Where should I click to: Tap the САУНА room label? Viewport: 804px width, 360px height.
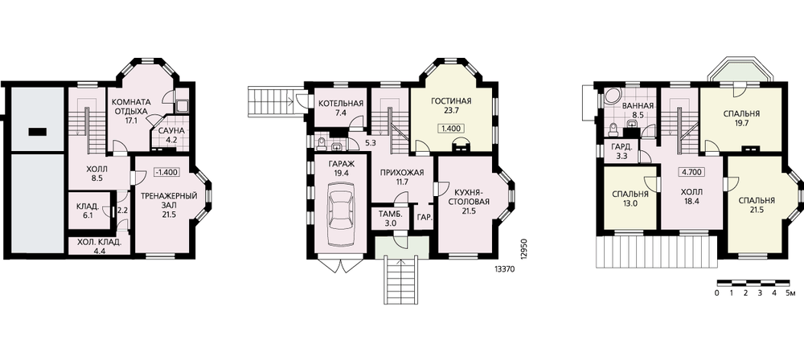tap(170, 130)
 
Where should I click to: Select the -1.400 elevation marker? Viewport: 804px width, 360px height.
tap(166, 172)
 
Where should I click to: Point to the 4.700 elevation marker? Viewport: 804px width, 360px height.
tap(691, 172)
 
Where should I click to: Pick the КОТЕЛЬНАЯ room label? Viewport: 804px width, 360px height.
tap(341, 104)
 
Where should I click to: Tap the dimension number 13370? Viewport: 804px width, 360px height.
tap(505, 268)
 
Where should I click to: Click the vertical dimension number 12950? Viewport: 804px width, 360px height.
tap(523, 249)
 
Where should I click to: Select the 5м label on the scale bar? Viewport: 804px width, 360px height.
tap(790, 293)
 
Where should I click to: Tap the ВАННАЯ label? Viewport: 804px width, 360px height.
tap(638, 105)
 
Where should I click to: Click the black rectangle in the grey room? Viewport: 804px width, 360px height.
tap(37, 132)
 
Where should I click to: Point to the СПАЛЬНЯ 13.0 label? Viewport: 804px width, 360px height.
tap(630, 199)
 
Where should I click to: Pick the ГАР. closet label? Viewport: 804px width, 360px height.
tap(425, 218)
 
